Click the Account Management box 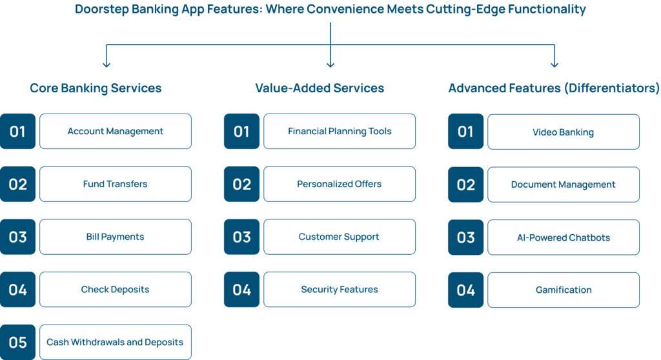116,131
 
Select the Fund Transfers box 116,184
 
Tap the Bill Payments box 116,237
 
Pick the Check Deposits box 116,289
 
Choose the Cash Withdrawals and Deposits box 116,342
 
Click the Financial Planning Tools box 340,131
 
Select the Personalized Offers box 340,184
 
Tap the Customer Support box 340,237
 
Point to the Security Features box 340,289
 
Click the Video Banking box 563,132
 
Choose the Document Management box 563,185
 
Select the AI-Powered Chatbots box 563,237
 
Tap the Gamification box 563,290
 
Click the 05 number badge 17,342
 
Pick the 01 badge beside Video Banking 465,132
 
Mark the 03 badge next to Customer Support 241,237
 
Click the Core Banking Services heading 96,88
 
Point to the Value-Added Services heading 320,88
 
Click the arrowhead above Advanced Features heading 554,65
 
